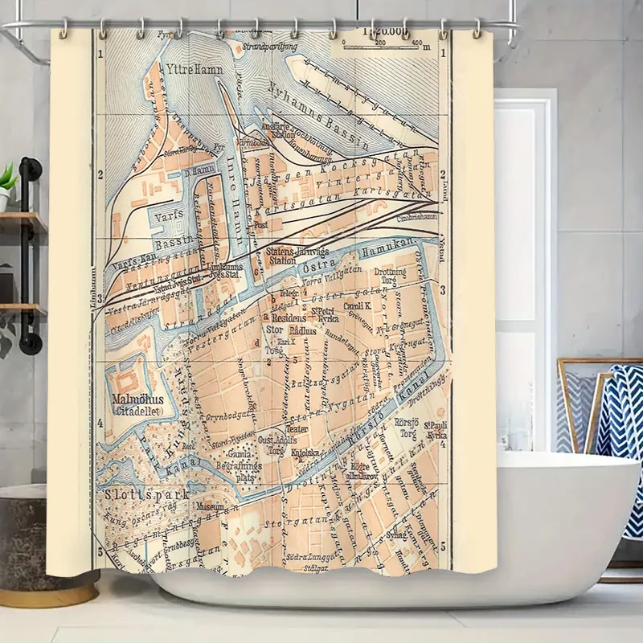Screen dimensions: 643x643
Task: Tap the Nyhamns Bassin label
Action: click(x=317, y=117)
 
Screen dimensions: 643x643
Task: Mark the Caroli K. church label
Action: click(x=356, y=306)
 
